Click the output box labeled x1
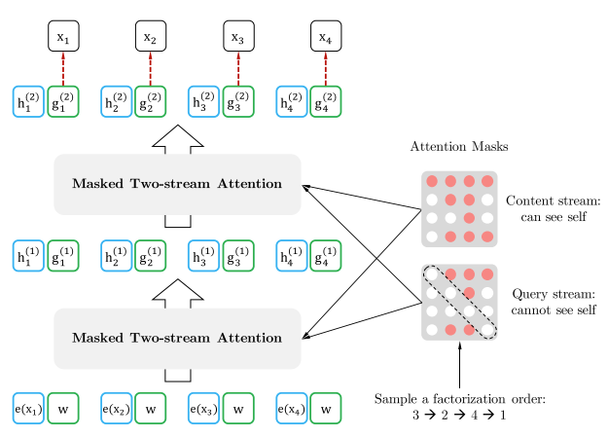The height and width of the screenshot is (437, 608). point(63,37)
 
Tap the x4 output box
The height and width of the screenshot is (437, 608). point(325,37)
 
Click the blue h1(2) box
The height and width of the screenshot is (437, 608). point(28,101)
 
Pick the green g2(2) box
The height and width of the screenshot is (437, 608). point(151,101)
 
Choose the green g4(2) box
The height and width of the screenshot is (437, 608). point(325,101)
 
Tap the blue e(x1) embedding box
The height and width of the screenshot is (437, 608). point(28,409)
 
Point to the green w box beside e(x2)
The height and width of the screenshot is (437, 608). point(151,409)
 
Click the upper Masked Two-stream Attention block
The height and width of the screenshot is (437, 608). point(177,184)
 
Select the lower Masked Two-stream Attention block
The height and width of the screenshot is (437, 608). point(177,339)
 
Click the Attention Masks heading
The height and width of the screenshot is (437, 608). point(459,147)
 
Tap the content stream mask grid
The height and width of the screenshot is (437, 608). point(459,208)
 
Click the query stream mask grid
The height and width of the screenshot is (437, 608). point(459,302)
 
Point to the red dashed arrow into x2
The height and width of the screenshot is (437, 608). point(151,69)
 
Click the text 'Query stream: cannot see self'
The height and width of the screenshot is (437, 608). point(553,302)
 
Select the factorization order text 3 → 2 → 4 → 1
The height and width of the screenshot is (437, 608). point(459,416)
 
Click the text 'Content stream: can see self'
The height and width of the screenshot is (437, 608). point(553,208)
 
